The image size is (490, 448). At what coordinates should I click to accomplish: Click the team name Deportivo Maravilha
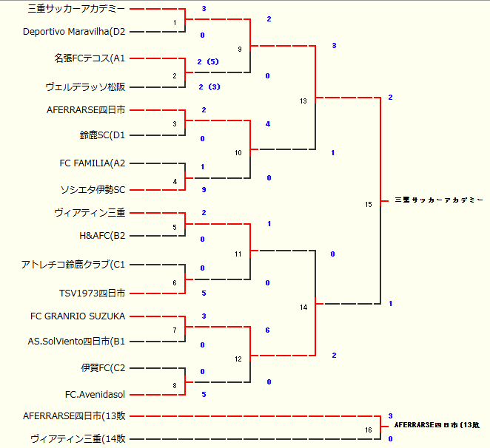tap(74, 32)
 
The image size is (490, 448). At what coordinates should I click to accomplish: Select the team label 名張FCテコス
tap(90, 58)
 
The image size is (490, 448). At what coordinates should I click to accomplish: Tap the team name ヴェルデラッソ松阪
tap(85, 86)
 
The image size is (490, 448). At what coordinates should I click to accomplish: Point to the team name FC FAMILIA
tap(93, 163)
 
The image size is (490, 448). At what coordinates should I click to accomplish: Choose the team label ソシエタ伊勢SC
tap(93, 190)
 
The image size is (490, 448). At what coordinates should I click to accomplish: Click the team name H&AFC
tap(102, 237)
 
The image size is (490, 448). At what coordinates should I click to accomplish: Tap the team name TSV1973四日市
tap(93, 293)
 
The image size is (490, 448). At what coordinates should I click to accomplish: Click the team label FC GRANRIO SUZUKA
tap(78, 316)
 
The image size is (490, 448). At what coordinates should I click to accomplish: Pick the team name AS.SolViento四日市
tap(77, 342)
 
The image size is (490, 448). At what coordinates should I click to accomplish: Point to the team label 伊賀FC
tap(103, 367)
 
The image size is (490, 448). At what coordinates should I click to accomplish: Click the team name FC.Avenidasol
tap(95, 395)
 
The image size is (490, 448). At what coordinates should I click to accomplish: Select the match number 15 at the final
tap(369, 204)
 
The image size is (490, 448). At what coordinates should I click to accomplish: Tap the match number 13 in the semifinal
tap(303, 101)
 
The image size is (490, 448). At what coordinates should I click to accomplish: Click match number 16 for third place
tap(369, 430)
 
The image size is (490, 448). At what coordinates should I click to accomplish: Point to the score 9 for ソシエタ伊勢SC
tap(203, 190)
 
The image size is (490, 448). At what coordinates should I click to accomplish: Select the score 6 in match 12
tap(267, 330)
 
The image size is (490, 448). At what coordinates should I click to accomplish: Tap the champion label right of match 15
tap(438, 200)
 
